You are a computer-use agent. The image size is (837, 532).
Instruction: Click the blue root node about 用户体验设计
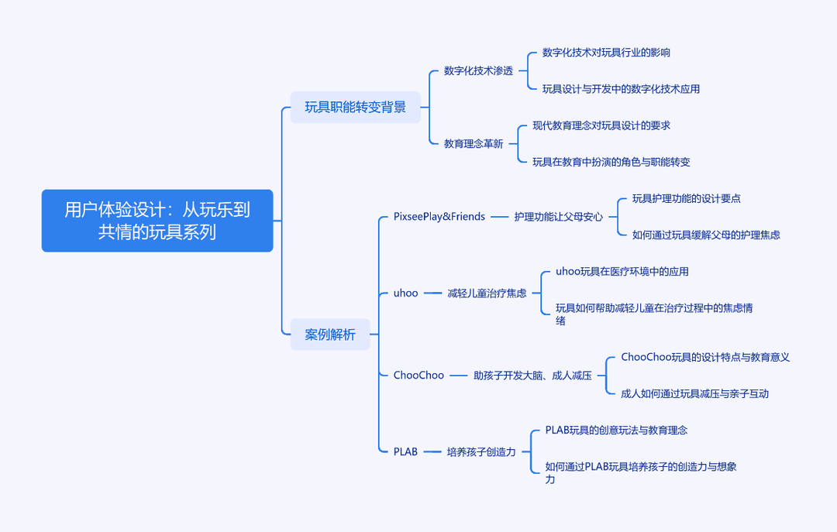[x=157, y=221]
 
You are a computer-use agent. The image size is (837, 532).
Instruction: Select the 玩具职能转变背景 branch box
[x=356, y=108]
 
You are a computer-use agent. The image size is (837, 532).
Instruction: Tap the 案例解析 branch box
[x=330, y=335]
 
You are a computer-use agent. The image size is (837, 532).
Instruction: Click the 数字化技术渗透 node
[x=478, y=71]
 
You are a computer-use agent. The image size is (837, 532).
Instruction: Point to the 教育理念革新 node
[x=474, y=143]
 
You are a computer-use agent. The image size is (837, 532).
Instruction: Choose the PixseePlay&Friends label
[x=439, y=217]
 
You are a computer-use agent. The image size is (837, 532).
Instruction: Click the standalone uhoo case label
[x=405, y=293]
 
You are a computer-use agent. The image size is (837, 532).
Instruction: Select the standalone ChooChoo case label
[x=418, y=375]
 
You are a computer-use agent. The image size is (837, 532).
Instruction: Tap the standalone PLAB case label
[x=405, y=451]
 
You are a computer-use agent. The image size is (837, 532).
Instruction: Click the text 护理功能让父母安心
[x=558, y=217]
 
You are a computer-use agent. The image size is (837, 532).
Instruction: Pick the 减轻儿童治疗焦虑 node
[x=487, y=293]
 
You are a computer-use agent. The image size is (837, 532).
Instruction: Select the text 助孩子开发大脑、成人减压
[x=532, y=376]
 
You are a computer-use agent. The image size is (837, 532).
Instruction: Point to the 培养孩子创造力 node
[x=481, y=452]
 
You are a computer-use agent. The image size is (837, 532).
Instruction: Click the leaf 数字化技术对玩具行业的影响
[x=606, y=53]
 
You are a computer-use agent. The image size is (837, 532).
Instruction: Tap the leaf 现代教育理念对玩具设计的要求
[x=601, y=125]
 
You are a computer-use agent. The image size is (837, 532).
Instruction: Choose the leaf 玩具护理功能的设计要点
[x=687, y=198]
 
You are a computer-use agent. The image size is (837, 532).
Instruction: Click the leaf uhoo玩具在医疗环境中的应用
[x=622, y=272]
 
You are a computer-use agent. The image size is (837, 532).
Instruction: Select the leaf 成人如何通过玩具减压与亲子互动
[x=694, y=394]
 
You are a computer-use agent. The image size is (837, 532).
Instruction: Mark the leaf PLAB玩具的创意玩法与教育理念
[x=616, y=430]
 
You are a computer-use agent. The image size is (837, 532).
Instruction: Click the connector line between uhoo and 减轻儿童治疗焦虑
[x=433, y=293]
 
